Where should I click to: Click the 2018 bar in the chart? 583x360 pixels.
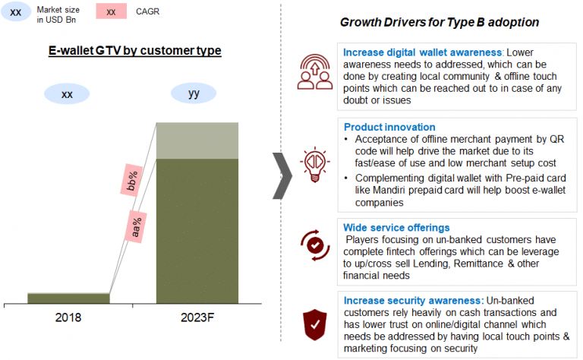(68, 298)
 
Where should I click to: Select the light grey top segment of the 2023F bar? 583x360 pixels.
(197, 141)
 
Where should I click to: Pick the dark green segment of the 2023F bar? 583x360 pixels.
(197, 231)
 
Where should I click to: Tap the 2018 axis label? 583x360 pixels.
(68, 317)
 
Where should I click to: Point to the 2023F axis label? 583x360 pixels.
(197, 317)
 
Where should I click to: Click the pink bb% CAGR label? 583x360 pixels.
(131, 180)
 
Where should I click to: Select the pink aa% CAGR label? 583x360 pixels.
(136, 227)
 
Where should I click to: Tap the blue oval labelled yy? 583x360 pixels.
(194, 93)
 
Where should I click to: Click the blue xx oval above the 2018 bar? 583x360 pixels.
(67, 93)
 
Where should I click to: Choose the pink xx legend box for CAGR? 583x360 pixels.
(111, 11)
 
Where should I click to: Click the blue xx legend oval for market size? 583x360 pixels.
(16, 12)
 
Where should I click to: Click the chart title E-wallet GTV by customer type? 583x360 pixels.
(134, 50)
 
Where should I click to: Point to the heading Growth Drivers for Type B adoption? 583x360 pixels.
(440, 22)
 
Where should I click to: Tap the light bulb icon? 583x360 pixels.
(315, 164)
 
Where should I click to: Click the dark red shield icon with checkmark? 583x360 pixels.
(315, 324)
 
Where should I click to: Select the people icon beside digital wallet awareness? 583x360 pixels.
(315, 72)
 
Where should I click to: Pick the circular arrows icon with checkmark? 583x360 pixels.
(315, 245)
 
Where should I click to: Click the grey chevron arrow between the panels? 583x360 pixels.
(282, 175)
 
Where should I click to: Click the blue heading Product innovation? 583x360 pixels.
(389, 127)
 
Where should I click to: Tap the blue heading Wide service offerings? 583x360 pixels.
(396, 228)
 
